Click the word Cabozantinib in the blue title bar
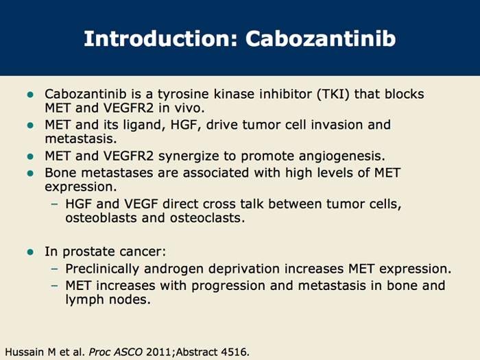(320, 38)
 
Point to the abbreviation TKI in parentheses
(333, 94)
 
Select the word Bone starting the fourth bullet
(60, 173)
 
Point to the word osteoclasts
(208, 218)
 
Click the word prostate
(88, 252)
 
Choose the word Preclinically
(102, 269)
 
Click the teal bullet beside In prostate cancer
(30, 252)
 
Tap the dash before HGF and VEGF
(54, 204)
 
